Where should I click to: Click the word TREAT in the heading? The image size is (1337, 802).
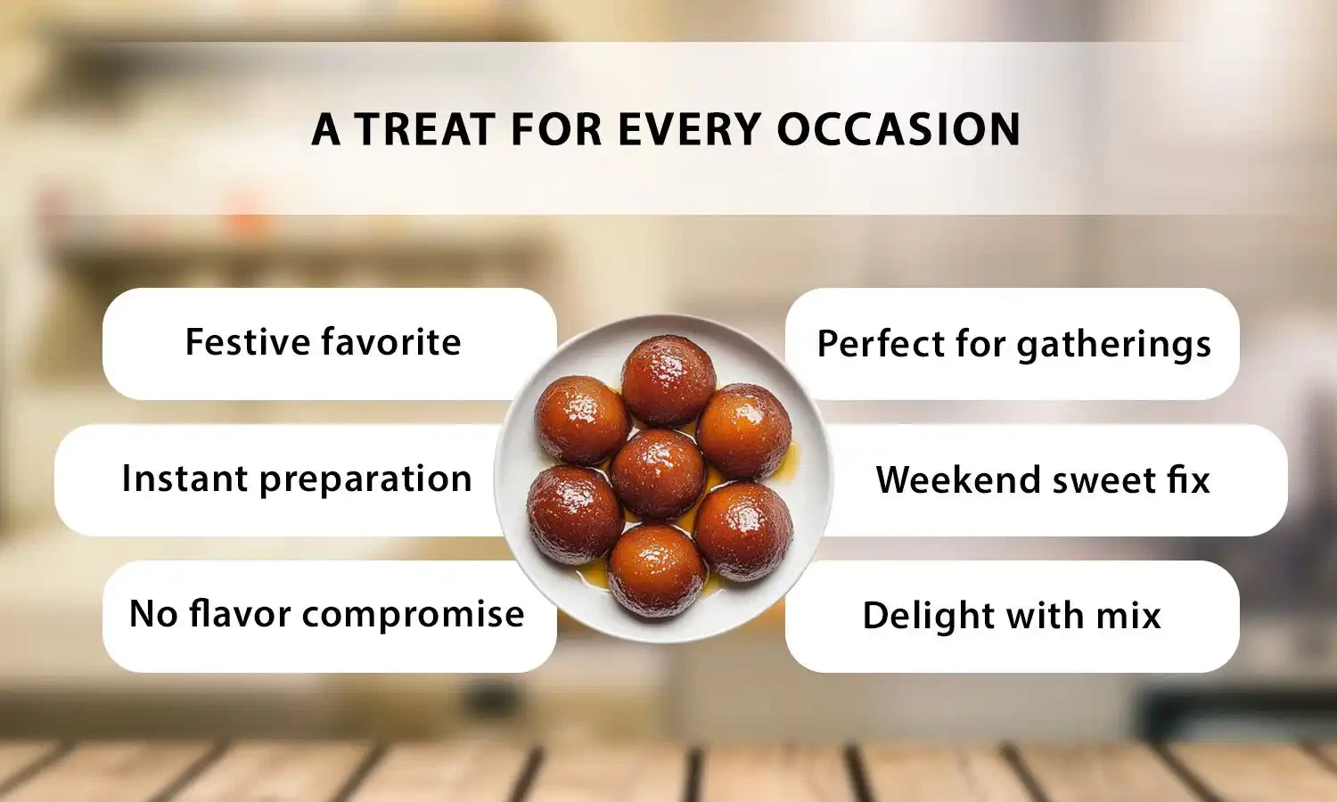click(x=424, y=129)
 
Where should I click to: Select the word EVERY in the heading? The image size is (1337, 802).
click(x=690, y=129)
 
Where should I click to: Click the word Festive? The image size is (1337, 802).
click(x=247, y=342)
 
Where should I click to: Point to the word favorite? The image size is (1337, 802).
click(x=391, y=342)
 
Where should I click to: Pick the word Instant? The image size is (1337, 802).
click(x=185, y=479)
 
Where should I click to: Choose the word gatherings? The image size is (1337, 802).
click(x=1113, y=345)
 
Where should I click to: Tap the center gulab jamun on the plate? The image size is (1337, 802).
click(x=658, y=474)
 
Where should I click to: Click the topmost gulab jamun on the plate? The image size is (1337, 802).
click(x=668, y=380)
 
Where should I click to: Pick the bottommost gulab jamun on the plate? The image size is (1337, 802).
click(x=656, y=570)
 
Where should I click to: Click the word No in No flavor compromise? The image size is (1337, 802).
click(x=152, y=614)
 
